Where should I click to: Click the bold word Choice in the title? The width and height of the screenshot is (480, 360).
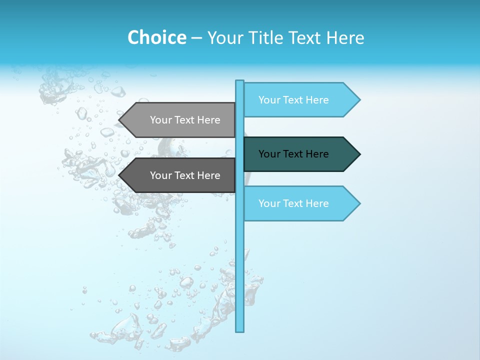(x=156, y=37)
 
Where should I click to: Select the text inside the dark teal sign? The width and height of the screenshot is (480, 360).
(x=293, y=154)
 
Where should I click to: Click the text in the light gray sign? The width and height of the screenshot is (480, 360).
(x=185, y=120)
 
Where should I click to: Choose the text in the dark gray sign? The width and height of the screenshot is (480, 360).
(x=185, y=175)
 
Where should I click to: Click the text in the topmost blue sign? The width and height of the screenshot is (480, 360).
(x=293, y=100)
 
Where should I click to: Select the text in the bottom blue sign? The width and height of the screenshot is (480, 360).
(x=293, y=203)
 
